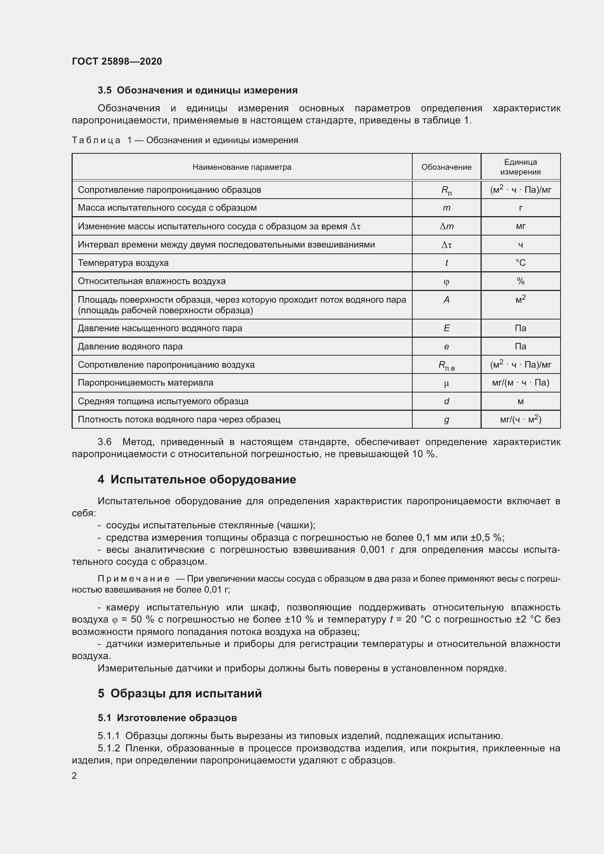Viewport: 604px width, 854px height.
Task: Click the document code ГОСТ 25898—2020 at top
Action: click(117, 61)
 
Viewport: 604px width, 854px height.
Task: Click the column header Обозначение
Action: click(446, 167)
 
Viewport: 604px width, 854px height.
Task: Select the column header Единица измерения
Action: click(520, 166)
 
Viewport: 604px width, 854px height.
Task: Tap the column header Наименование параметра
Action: click(242, 167)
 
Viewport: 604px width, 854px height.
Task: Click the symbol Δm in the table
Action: click(446, 226)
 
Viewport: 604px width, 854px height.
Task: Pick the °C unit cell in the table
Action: click(520, 263)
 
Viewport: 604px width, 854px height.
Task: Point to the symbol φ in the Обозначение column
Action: click(446, 282)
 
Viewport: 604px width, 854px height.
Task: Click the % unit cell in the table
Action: click(520, 281)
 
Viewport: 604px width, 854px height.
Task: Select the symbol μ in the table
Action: click(446, 383)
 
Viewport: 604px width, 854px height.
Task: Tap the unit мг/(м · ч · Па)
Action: click(520, 383)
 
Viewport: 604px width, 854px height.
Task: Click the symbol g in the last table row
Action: click(446, 420)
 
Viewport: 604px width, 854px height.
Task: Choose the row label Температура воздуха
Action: click(123, 263)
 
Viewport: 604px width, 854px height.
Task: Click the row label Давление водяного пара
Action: click(130, 346)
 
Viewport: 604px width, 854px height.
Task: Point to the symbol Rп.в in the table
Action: click(446, 365)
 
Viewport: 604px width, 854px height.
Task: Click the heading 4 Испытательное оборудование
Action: click(197, 479)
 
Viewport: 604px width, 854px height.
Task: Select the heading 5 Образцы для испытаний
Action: click(180, 693)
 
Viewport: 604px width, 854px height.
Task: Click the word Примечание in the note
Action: click(134, 579)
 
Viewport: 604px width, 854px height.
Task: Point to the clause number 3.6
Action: click(104, 442)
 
